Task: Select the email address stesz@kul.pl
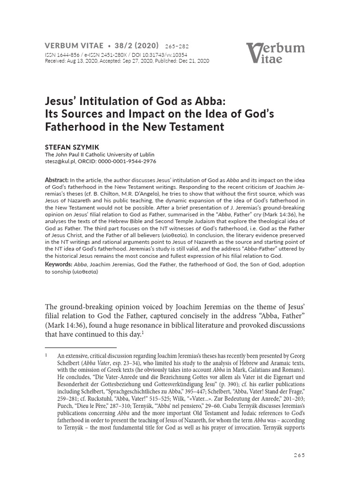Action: pyautogui.click(x=59, y=161)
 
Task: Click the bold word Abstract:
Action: pyautogui.click(x=56, y=180)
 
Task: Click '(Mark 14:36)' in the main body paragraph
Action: pyautogui.click(x=68, y=325)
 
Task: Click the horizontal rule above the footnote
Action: pyautogui.click(x=81, y=347)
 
